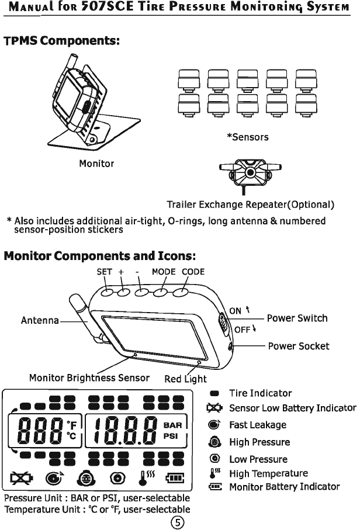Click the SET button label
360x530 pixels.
point(105,271)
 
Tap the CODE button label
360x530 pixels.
point(193,271)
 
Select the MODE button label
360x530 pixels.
point(163,271)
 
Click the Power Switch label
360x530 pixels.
point(297,318)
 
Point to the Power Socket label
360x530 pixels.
point(298,346)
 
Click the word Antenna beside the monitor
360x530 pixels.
point(40,320)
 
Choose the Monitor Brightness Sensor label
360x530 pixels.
point(89,378)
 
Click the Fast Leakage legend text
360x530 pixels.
point(257,425)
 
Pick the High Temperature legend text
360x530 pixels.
point(268,473)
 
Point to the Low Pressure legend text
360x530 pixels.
point(258,459)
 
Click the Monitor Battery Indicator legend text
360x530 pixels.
point(284,486)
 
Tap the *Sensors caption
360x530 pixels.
point(247,137)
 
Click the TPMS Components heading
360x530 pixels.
point(62,42)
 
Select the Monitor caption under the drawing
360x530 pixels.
point(96,164)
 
